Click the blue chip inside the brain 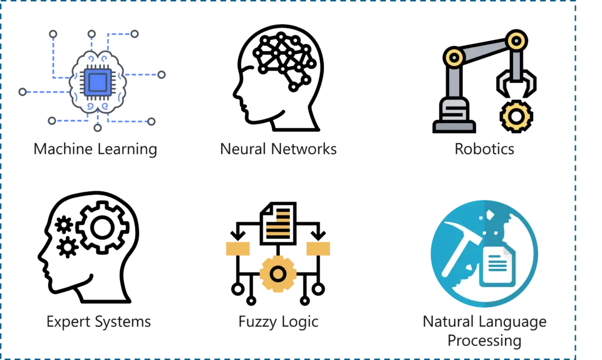pyautogui.click(x=98, y=82)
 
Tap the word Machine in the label pyautogui.click(x=62, y=149)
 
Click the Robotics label pyautogui.click(x=484, y=149)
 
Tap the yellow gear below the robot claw pyautogui.click(x=516, y=116)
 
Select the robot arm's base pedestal pyautogui.click(x=454, y=115)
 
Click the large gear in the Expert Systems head pyautogui.click(x=102, y=228)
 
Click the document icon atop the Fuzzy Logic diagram pyautogui.click(x=278, y=223)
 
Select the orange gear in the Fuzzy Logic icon pyautogui.click(x=278, y=274)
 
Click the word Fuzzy pyautogui.click(x=257, y=322)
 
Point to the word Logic pyautogui.click(x=299, y=322)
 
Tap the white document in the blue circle pyautogui.click(x=497, y=266)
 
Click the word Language pyautogui.click(x=512, y=322)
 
